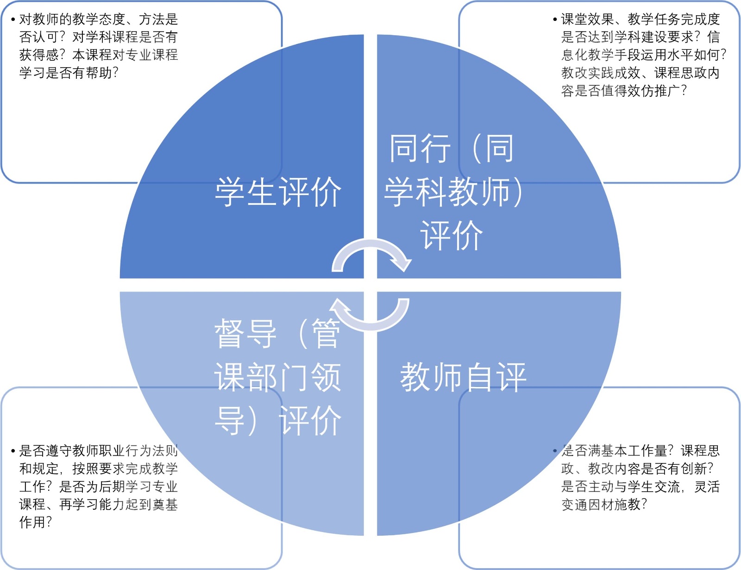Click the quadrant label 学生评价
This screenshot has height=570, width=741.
(278, 192)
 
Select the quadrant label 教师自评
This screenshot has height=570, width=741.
(463, 377)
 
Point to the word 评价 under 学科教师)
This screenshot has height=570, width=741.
(452, 235)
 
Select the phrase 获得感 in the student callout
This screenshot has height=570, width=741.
(39, 55)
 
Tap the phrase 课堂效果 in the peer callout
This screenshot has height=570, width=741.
(587, 19)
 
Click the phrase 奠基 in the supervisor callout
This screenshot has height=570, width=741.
(165, 504)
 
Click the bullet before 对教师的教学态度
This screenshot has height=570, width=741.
(13, 19)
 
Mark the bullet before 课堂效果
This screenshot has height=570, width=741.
(555, 19)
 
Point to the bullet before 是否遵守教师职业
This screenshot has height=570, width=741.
(13, 451)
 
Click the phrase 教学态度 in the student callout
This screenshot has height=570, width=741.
(99, 19)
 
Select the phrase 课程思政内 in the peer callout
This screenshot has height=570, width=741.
(687, 73)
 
